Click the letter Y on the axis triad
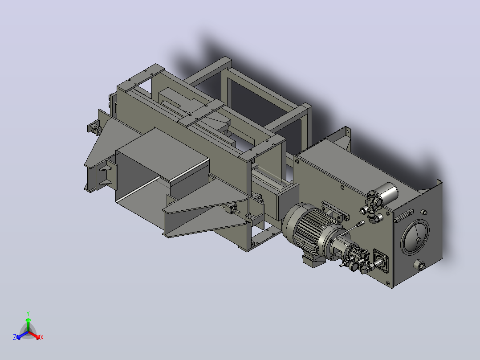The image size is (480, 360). [28, 313]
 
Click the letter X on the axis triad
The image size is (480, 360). [42, 337]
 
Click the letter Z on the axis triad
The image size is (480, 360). [15, 337]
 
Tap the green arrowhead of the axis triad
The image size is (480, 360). [28, 320]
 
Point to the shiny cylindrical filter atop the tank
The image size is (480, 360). [387, 192]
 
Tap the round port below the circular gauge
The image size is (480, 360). [419, 265]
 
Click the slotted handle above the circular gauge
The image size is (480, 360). [404, 216]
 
